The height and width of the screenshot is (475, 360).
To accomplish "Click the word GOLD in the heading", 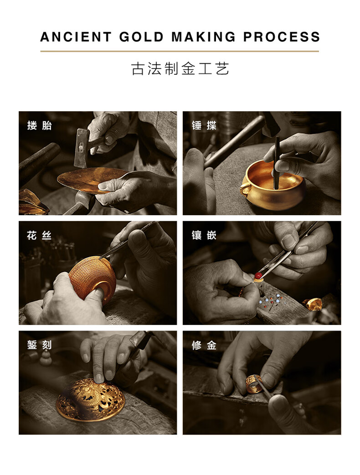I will point(142,37).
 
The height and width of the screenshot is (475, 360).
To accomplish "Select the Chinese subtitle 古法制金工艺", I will point(180,69).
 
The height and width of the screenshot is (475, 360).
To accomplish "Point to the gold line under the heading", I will point(180,51).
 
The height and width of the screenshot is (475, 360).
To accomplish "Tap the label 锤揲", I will point(204,126).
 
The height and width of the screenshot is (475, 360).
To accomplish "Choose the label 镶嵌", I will point(204,236).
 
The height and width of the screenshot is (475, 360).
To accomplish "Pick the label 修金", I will point(204,346).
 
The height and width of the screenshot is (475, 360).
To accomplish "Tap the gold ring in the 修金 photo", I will point(254,384).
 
